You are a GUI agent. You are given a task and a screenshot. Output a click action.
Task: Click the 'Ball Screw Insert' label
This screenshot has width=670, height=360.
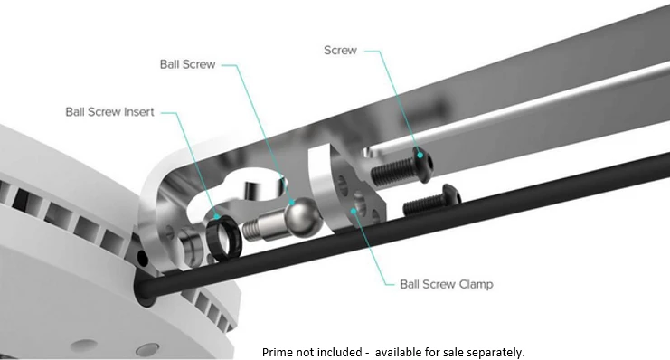109,112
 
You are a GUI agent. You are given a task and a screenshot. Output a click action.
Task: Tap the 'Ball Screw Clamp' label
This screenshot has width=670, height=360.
447,284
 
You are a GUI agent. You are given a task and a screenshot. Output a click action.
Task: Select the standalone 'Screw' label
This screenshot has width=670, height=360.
340,51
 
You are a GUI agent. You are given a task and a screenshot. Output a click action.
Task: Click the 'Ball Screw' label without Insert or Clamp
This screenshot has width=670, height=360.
187,64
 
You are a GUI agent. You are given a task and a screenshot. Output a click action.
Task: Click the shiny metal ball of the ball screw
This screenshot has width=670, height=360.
303,216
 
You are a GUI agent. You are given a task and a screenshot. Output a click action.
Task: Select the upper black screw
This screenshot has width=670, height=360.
402,166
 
